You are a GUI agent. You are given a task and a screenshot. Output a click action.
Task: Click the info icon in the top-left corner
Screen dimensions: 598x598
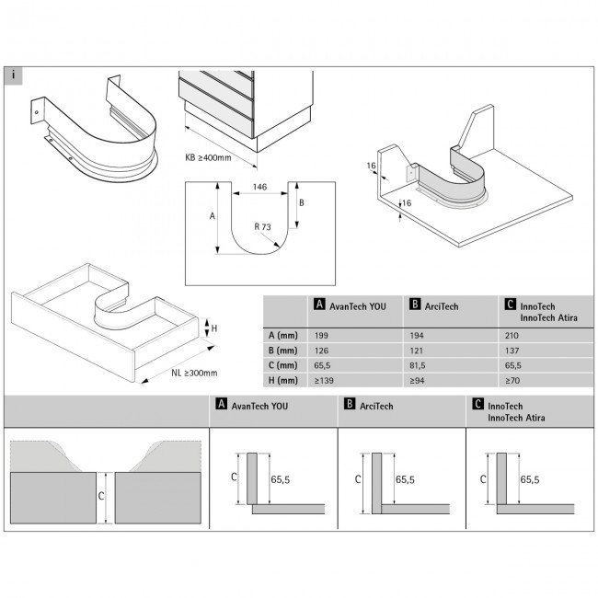pyautogui.click(x=14, y=75)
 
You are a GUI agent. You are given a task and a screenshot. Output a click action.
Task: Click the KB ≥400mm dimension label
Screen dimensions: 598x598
pyautogui.click(x=209, y=157)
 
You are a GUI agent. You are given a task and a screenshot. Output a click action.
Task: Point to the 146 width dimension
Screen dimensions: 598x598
pyautogui.click(x=259, y=187)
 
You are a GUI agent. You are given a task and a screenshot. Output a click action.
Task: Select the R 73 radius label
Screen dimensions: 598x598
pyautogui.click(x=266, y=225)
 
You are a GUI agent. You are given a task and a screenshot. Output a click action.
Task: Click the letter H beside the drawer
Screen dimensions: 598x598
pyautogui.click(x=214, y=328)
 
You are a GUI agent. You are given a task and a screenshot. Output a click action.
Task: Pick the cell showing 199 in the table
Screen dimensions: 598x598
pyautogui.click(x=319, y=336)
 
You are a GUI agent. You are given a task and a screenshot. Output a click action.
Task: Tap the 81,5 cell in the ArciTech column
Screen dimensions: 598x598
pyautogui.click(x=417, y=365)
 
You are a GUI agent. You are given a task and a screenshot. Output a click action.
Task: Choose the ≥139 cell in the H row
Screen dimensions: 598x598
pyautogui.click(x=323, y=380)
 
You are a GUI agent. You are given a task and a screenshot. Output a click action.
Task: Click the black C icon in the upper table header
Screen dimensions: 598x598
pyautogui.click(x=512, y=304)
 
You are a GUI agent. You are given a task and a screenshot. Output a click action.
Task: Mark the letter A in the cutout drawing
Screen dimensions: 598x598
pyautogui.click(x=213, y=216)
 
